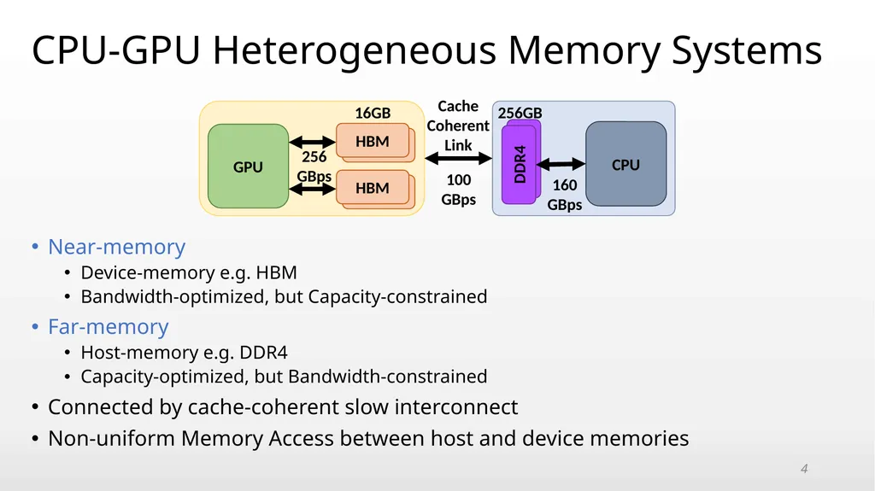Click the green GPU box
(x=249, y=167)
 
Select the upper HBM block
(x=373, y=141)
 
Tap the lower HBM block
(x=373, y=188)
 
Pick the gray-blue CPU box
(x=625, y=164)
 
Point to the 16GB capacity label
(x=373, y=113)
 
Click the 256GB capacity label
(x=520, y=113)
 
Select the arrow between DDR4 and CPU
(x=561, y=164)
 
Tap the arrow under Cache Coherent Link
(x=458, y=159)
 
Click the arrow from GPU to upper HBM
(x=313, y=142)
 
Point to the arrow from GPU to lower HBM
(x=313, y=190)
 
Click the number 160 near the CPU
(x=565, y=184)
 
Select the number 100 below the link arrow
(x=459, y=179)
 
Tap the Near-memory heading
(x=116, y=247)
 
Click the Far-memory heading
(x=109, y=326)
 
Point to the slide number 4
(x=804, y=469)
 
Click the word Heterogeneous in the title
(x=355, y=50)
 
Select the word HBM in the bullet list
(x=276, y=272)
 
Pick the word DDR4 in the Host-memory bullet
(x=263, y=352)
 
